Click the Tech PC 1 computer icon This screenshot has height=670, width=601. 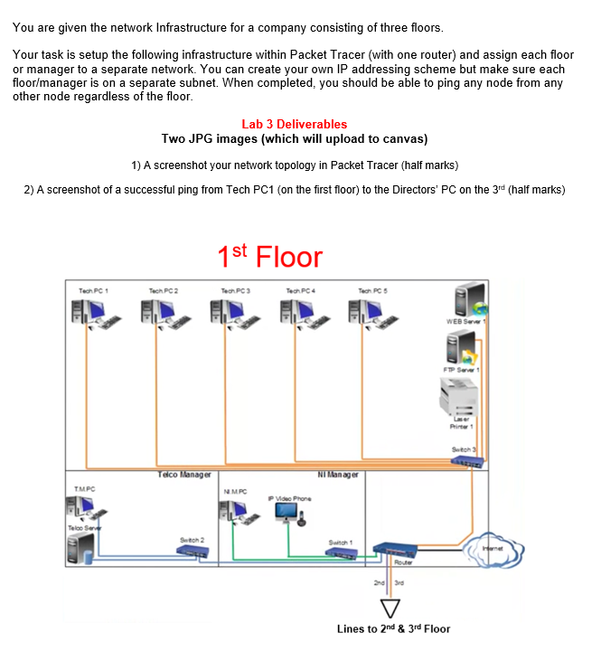tap(92, 312)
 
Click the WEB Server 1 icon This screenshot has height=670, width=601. tap(468, 300)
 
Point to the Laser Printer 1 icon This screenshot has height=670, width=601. tap(461, 397)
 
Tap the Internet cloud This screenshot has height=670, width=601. tap(493, 548)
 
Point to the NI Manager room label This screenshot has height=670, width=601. tap(338, 474)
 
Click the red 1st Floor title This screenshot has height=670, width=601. tap(269, 257)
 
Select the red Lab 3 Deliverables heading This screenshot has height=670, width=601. tap(294, 124)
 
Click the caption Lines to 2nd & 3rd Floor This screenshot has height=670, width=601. tap(393, 628)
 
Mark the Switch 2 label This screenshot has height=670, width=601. tap(193, 540)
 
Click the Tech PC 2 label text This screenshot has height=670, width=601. tap(164, 290)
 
